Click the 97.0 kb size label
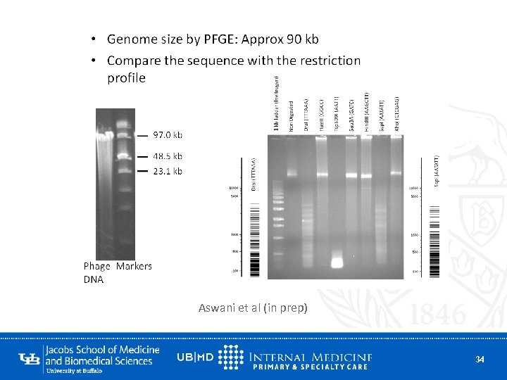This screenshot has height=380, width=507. [x=168, y=134]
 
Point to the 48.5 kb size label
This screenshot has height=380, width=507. [x=168, y=156]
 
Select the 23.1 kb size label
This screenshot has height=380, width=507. [x=168, y=171]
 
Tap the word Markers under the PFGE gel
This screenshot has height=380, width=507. [x=134, y=266]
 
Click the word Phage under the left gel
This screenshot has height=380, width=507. [x=97, y=266]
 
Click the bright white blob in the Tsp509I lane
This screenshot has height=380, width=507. [x=337, y=263]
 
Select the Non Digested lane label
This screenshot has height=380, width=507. [x=291, y=115]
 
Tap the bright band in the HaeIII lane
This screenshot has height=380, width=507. [x=322, y=174]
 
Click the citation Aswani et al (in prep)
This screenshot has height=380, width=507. [x=253, y=308]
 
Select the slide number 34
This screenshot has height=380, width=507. [x=480, y=360]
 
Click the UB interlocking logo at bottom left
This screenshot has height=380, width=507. [x=30, y=358]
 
